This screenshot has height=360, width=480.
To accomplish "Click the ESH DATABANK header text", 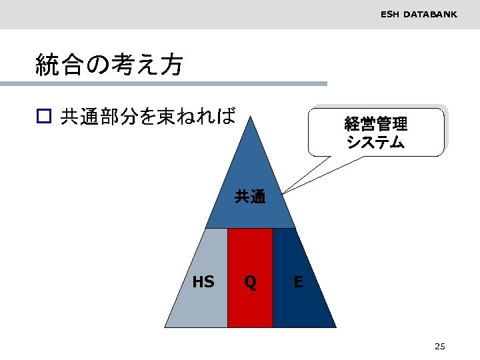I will [x=419, y=13].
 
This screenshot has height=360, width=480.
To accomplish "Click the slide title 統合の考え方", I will [x=109, y=65].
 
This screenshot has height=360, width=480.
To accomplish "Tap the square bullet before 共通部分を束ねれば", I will [x=43, y=117].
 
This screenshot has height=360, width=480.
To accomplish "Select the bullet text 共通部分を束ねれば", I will [x=148, y=117].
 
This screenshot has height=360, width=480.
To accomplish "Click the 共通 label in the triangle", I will [x=250, y=197].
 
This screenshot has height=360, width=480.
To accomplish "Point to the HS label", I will [x=203, y=282].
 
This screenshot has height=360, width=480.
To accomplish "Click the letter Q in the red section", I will [x=250, y=282].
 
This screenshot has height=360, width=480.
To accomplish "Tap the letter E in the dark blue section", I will [x=298, y=282].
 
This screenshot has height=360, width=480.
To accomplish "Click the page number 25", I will [x=439, y=346].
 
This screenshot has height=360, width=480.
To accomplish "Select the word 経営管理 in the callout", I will [x=376, y=124].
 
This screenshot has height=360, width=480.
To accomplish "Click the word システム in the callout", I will [x=376, y=141].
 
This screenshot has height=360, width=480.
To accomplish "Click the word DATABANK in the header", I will [x=430, y=13].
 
